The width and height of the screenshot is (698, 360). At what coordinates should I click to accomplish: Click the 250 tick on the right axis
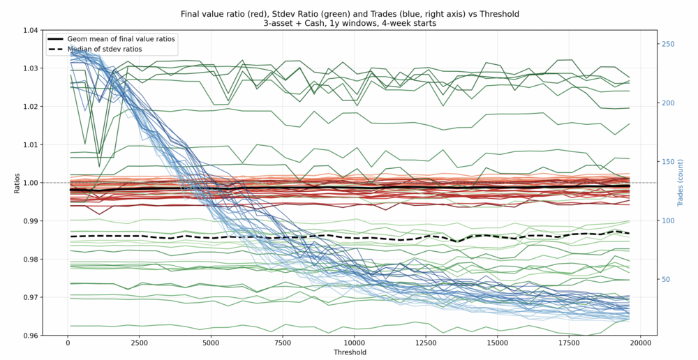click(668, 44)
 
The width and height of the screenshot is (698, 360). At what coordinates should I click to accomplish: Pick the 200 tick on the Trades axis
click(668, 103)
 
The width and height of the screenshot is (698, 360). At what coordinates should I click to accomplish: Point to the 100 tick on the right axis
click(668, 220)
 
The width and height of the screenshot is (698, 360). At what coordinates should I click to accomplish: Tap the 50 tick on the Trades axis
click(666, 279)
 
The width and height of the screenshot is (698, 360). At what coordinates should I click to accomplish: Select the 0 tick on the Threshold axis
click(68, 343)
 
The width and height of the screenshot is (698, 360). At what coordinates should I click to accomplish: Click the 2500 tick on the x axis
click(140, 343)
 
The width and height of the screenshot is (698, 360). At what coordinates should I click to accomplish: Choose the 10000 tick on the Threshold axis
click(355, 343)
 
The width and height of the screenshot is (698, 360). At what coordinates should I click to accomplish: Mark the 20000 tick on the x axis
click(641, 343)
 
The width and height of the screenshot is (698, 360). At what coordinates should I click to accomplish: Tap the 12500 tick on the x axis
click(426, 343)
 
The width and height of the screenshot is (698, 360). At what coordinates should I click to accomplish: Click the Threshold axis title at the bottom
click(350, 353)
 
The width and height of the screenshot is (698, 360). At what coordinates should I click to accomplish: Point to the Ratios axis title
click(17, 183)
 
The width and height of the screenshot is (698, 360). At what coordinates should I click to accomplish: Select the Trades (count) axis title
click(681, 183)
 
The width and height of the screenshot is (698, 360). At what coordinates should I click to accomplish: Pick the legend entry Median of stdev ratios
click(105, 49)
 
